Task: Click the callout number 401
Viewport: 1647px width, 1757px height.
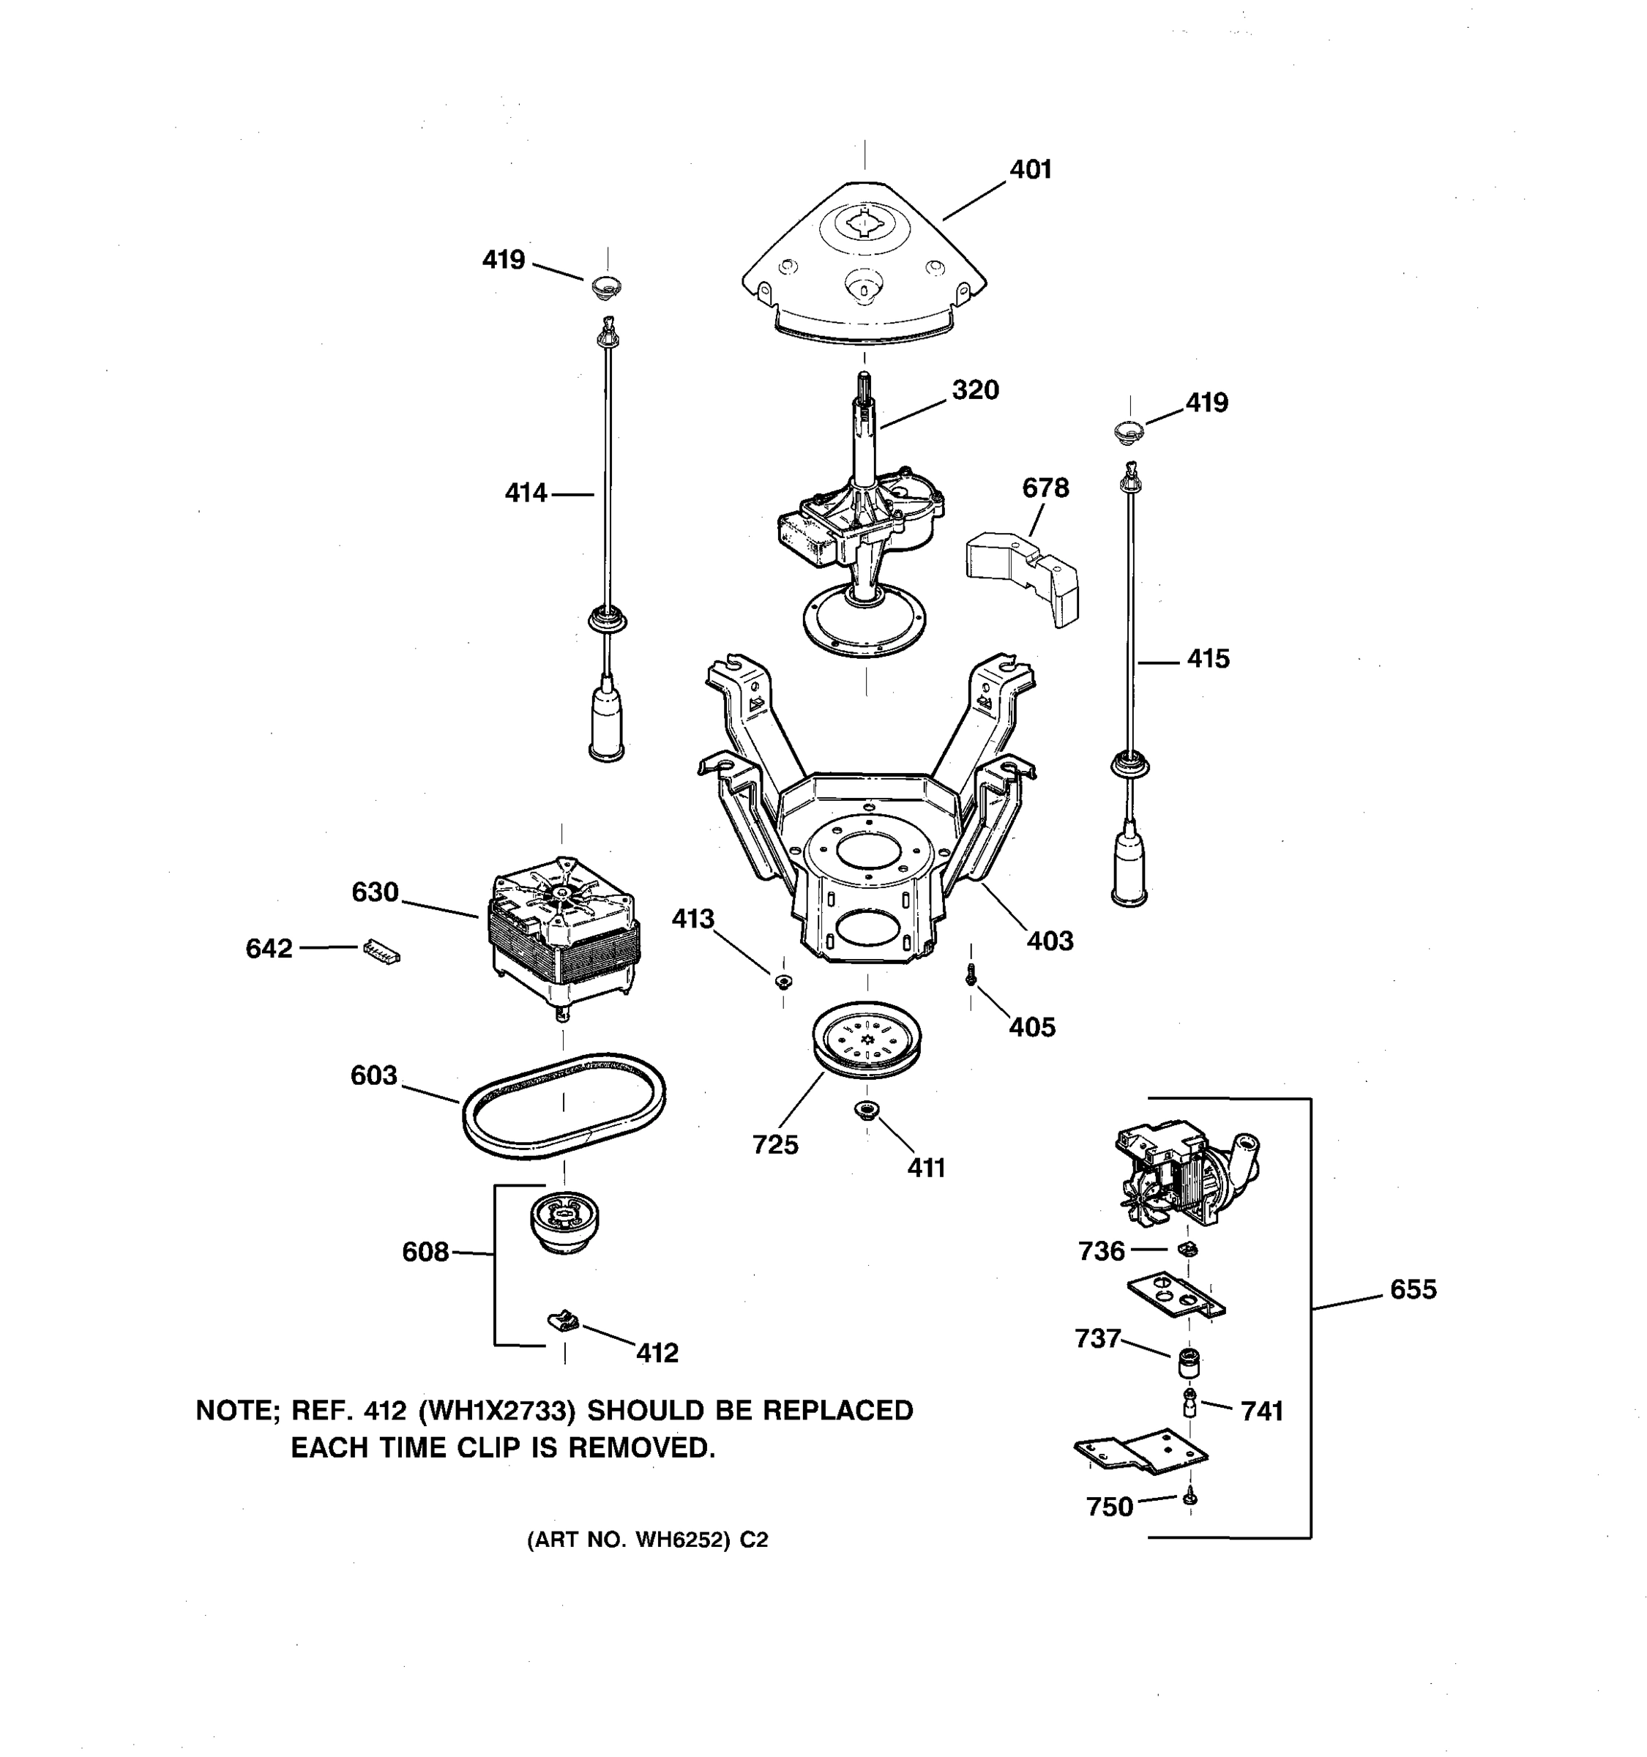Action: point(1030,169)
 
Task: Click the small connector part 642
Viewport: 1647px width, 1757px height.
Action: point(381,951)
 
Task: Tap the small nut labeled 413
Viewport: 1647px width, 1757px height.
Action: point(783,981)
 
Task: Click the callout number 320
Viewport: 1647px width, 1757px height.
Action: point(974,389)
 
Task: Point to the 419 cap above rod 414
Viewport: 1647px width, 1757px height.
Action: point(606,286)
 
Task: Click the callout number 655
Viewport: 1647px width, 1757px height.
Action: point(1413,1289)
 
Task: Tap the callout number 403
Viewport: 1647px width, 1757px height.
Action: point(1050,941)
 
